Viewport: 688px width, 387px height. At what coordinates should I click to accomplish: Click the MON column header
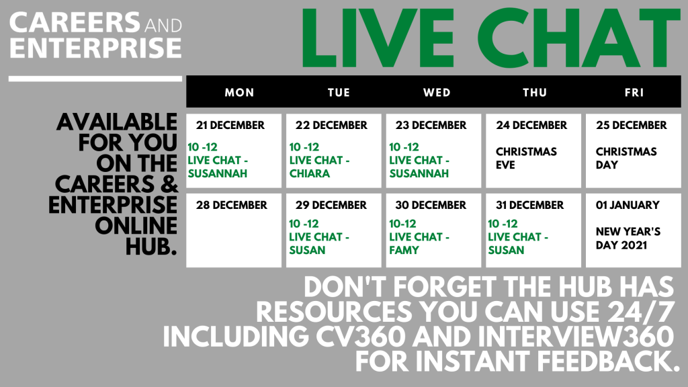point(239,93)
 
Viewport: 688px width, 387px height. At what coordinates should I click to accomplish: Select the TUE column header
point(339,93)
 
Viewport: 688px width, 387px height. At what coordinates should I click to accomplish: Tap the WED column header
point(437,93)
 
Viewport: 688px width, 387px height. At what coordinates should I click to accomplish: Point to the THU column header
point(534,93)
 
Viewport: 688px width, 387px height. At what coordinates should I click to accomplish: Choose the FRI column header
point(634,93)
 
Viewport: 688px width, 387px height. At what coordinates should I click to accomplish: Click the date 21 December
point(230,126)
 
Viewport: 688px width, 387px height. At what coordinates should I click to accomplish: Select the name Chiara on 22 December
point(309,174)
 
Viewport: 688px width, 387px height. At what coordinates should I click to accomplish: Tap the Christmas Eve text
point(526,159)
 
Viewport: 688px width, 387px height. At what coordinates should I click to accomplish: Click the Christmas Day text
point(626,159)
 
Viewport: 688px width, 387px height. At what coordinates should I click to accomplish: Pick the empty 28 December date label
point(231,206)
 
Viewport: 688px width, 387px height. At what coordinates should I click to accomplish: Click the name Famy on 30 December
point(404,251)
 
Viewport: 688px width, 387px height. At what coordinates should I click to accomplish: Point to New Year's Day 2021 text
point(628,239)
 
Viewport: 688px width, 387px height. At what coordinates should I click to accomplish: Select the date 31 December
point(529,206)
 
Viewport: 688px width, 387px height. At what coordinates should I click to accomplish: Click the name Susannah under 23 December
point(419,174)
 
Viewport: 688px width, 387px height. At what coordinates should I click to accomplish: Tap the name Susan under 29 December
point(307,251)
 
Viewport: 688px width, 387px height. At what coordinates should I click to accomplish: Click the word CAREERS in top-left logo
point(75,23)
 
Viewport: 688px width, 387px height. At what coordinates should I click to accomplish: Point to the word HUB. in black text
point(151,247)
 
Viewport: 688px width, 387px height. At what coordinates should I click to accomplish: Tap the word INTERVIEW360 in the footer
point(576,337)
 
